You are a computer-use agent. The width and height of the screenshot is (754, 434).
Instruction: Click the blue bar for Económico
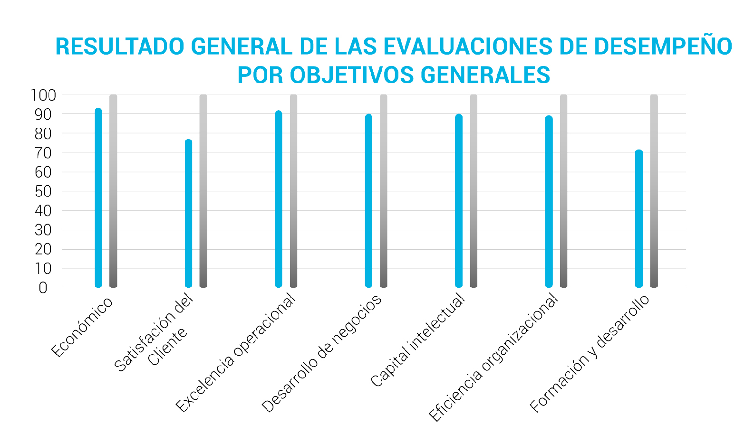(x=98, y=198)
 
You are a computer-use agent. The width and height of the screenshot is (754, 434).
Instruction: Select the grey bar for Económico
(x=113, y=191)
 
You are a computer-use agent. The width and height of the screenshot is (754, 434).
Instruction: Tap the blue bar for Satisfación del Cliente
(x=189, y=214)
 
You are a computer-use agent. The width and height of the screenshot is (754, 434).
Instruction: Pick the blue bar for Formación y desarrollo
(x=639, y=219)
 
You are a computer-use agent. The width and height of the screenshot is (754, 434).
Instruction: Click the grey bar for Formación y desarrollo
(x=654, y=191)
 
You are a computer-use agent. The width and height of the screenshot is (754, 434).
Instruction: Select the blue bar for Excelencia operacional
(x=279, y=199)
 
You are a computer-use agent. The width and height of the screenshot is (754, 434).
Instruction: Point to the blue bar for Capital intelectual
(x=459, y=201)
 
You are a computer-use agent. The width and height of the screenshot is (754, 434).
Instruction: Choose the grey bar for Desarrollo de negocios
(x=384, y=191)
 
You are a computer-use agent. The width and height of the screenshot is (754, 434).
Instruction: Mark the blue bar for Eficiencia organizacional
(x=549, y=202)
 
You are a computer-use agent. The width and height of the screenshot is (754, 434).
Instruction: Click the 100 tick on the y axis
(x=43, y=95)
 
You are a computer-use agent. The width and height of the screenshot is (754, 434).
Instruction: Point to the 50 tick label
(x=43, y=191)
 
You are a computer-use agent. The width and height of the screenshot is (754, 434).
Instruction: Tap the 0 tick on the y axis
(x=43, y=288)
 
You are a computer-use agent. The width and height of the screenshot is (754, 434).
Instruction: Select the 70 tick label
(x=43, y=153)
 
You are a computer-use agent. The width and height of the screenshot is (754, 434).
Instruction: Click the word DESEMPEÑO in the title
(x=663, y=47)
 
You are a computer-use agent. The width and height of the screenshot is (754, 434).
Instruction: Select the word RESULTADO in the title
(x=120, y=47)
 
